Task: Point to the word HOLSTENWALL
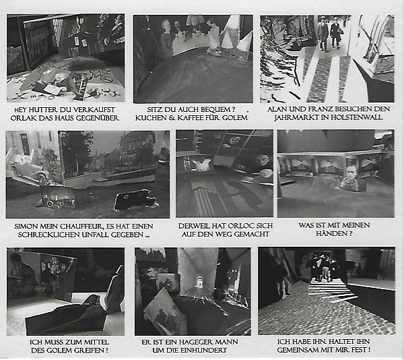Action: pyautogui.click(x=357, y=117)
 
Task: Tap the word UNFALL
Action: pyautogui.click(x=96, y=235)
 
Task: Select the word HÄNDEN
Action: pyautogui.click(x=331, y=234)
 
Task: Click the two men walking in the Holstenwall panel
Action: pyautogui.click(x=329, y=33)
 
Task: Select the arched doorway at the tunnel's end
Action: pyautogui.click(x=199, y=281)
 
